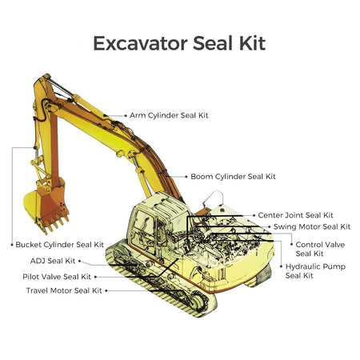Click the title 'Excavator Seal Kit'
pyautogui.click(x=179, y=42)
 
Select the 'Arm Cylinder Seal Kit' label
pyautogui.click(x=169, y=115)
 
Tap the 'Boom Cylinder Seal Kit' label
pyautogui.click(x=233, y=176)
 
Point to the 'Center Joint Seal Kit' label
pyautogui.click(x=295, y=215)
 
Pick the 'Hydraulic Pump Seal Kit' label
pyautogui.click(x=315, y=270)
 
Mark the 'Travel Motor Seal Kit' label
pyautogui.click(x=64, y=290)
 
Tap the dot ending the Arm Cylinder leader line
pyautogui.click(x=125, y=115)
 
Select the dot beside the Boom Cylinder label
pyautogui.click(x=186, y=176)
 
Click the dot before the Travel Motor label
pyautogui.click(x=107, y=290)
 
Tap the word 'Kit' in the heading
pyautogui.click(x=248, y=42)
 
